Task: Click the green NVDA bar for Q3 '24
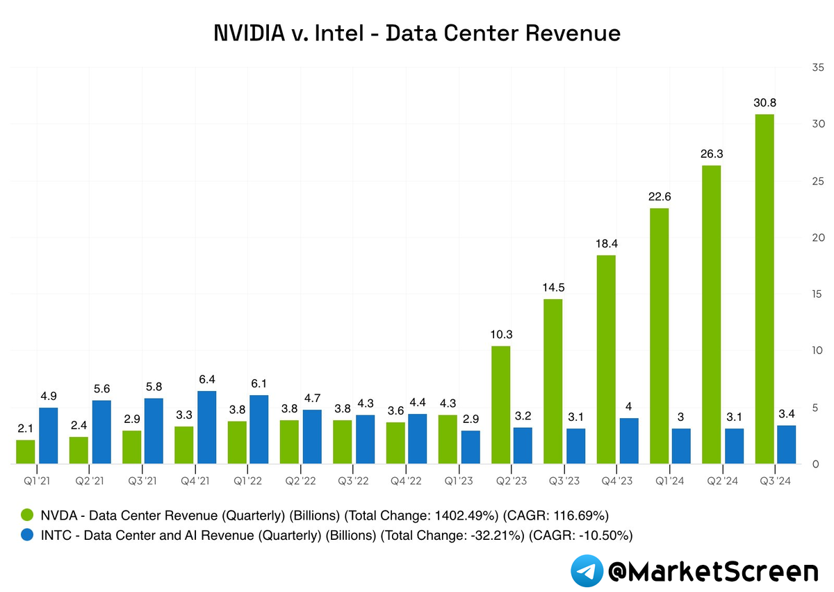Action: (x=764, y=289)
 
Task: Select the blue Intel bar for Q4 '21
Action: (x=207, y=427)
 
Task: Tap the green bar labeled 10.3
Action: (x=500, y=405)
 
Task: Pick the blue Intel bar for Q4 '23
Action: (x=629, y=441)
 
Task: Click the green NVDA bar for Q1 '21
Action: (x=26, y=451)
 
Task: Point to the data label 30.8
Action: (x=764, y=103)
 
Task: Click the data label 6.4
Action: (x=207, y=380)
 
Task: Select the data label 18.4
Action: (x=606, y=244)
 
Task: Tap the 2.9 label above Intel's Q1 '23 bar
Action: (x=471, y=419)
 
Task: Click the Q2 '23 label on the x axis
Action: (x=511, y=479)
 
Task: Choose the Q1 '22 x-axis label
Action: (x=247, y=479)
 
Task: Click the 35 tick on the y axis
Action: (x=817, y=67)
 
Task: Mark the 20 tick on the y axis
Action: (x=817, y=237)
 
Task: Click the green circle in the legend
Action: (x=27, y=515)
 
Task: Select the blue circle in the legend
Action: (x=27, y=535)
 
